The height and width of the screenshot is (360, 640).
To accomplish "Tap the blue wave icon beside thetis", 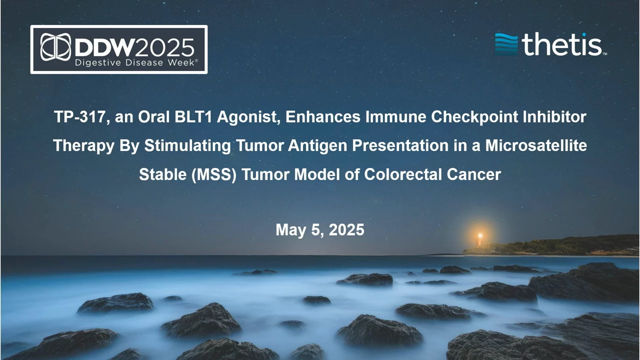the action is (506, 44).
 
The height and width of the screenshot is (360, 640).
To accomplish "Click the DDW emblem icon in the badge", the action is (55, 47).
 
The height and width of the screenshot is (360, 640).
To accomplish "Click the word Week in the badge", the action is (181, 62).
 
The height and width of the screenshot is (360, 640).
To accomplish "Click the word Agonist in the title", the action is (248, 117).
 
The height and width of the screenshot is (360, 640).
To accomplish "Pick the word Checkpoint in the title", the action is (474, 117).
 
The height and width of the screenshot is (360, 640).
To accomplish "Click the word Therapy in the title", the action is (83, 145).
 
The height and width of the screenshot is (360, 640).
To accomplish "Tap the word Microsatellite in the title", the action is (536, 145).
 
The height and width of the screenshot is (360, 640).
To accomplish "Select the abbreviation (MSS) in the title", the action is (214, 174).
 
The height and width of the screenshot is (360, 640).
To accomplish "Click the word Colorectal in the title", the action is (403, 174).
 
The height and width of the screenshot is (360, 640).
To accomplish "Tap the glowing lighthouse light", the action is (479, 236).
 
